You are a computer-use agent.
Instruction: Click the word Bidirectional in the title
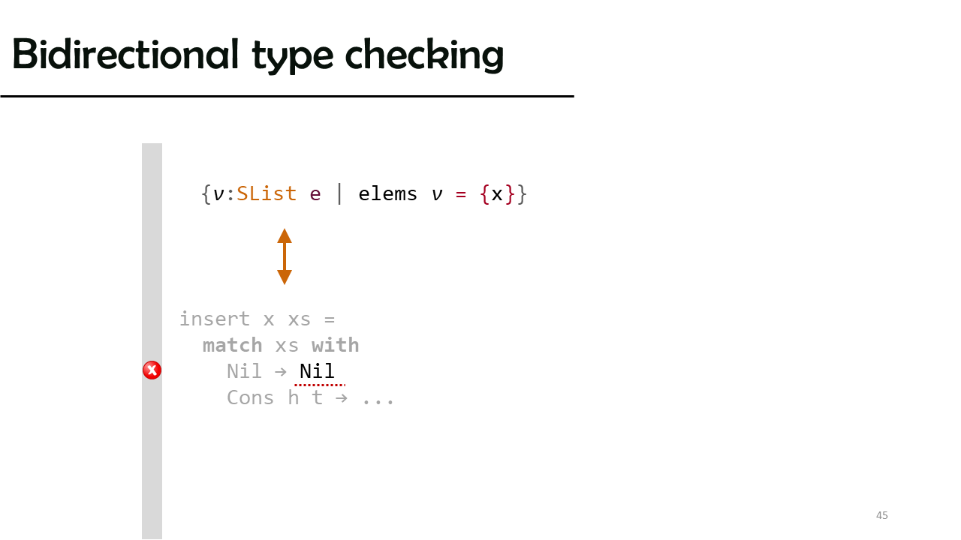[x=125, y=54]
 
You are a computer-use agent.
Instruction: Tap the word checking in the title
[x=424, y=55]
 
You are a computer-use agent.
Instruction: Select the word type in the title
[x=292, y=57]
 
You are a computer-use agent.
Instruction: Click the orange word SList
[x=267, y=194]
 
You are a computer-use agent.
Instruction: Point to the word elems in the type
[x=388, y=194]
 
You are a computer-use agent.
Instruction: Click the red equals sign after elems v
[x=461, y=194]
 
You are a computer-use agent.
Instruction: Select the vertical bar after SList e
[x=340, y=194]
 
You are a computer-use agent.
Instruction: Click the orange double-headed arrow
[x=285, y=256]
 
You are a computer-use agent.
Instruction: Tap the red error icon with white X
[x=152, y=370]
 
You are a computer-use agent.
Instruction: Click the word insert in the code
[x=215, y=319]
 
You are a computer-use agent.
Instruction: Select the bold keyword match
[x=232, y=346]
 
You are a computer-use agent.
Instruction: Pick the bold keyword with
[x=336, y=346]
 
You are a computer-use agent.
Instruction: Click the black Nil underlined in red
[x=317, y=371]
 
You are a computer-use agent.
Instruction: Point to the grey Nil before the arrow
[x=244, y=371]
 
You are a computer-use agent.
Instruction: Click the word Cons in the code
[x=250, y=397]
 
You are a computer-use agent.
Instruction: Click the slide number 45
[x=882, y=515]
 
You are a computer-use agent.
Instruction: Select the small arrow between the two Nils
[x=281, y=371]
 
